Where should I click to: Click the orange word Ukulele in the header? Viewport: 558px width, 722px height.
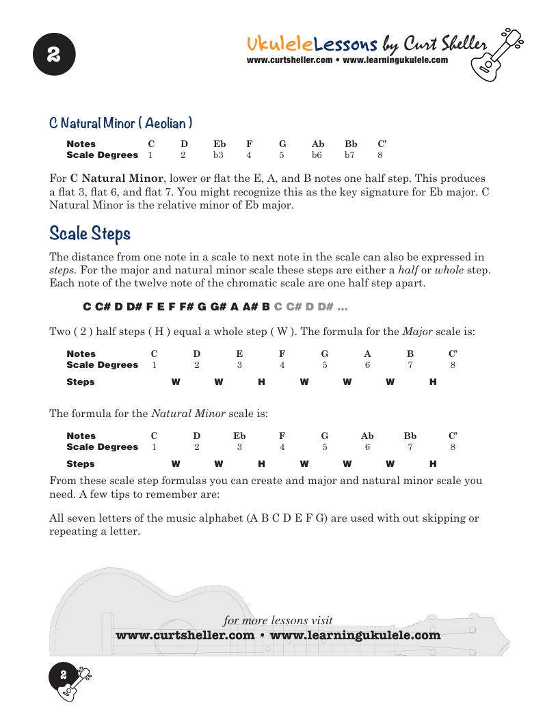280,44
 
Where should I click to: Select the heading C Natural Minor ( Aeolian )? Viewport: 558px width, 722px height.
120,123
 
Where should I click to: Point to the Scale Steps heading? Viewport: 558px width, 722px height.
90,234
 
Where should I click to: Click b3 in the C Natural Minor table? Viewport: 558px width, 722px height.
218,155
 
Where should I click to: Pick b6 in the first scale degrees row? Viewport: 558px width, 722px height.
317,155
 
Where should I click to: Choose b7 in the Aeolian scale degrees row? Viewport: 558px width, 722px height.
349,155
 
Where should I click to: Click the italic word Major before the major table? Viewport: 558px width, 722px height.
417,332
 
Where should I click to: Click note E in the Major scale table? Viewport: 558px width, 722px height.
239,353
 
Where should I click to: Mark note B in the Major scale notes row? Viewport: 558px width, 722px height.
410,353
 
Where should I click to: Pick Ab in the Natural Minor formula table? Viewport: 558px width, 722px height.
367,436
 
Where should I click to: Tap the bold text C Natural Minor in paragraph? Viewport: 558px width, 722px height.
117,178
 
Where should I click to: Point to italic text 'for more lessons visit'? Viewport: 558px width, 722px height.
278,621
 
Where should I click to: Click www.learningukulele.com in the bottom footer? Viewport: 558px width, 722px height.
356,635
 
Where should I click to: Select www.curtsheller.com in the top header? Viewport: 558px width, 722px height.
289,60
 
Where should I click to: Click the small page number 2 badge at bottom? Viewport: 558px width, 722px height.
63,675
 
